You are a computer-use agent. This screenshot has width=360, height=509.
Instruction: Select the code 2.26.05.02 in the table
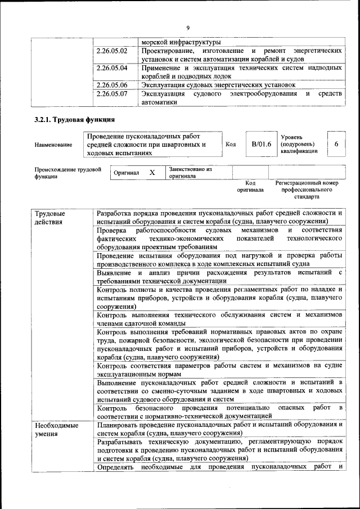(x=112, y=51)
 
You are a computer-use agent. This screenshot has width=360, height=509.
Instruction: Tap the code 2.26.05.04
(x=112, y=68)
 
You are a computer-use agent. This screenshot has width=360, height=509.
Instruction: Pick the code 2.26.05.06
(x=112, y=85)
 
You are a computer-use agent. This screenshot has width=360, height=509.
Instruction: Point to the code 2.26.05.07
(x=112, y=94)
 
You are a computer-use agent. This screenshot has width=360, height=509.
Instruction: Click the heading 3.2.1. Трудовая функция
(x=74, y=120)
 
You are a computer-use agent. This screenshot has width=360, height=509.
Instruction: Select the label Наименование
(x=53, y=145)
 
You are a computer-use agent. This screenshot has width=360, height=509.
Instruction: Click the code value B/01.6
(x=262, y=145)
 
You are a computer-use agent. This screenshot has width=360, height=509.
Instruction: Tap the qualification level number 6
(x=336, y=145)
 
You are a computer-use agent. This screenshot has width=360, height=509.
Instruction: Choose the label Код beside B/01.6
(x=230, y=145)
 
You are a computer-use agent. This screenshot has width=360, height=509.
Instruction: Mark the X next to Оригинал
(x=152, y=173)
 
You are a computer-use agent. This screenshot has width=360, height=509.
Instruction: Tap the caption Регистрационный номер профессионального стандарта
(x=307, y=190)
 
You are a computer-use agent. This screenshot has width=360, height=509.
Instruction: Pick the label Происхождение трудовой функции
(x=67, y=173)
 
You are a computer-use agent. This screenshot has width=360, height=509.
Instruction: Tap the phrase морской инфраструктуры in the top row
(x=181, y=42)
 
